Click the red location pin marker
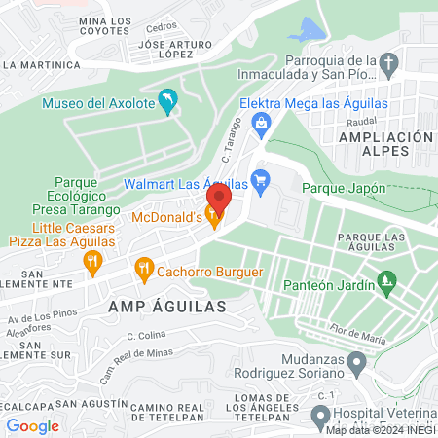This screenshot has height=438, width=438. pyautogui.click(x=218, y=200)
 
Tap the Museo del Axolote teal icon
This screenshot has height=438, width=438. pyautogui.click(x=168, y=101)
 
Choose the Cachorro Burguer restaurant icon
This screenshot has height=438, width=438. pyautogui.click(x=144, y=266)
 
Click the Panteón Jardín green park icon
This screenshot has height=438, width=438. pyautogui.click(x=387, y=284)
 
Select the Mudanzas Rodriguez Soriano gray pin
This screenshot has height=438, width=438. pyautogui.click(x=357, y=365)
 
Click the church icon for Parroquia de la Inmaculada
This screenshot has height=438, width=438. pyautogui.click(x=389, y=66)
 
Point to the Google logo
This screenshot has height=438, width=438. pyautogui.click(x=32, y=425)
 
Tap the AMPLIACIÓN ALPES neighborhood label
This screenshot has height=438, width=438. pyautogui.click(x=384, y=145)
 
